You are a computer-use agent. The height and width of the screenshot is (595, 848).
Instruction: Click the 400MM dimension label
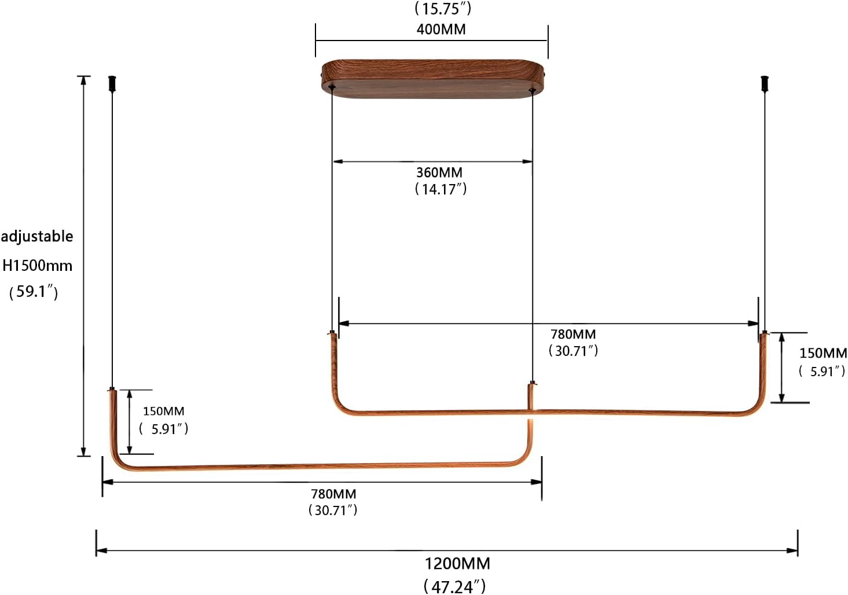point(440,29)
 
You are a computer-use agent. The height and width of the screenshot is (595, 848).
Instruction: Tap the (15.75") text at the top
point(443,9)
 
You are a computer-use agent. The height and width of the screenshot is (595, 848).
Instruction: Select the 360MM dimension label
point(439,172)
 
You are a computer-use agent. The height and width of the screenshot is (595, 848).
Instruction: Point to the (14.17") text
point(440,189)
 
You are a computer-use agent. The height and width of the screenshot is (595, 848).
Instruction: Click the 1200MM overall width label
point(457,563)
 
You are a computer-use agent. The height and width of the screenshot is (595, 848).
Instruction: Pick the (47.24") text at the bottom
point(454,586)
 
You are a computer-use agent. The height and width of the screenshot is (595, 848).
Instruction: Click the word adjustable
point(37,236)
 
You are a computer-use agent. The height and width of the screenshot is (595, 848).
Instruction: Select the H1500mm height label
point(38,266)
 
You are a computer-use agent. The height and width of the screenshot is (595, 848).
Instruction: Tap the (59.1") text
point(34,291)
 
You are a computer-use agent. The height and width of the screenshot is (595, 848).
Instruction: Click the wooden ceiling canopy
point(432,79)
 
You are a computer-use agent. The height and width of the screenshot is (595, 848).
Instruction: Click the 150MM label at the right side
point(823,352)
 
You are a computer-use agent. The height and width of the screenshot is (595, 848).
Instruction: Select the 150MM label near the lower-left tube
point(163,411)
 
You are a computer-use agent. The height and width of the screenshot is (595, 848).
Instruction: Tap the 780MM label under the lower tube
point(333,494)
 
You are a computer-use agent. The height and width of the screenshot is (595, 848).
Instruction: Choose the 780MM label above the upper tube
point(572,334)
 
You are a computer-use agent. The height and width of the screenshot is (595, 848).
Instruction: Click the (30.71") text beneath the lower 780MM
point(333,510)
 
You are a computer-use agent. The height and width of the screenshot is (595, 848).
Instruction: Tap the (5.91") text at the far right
point(822,371)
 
